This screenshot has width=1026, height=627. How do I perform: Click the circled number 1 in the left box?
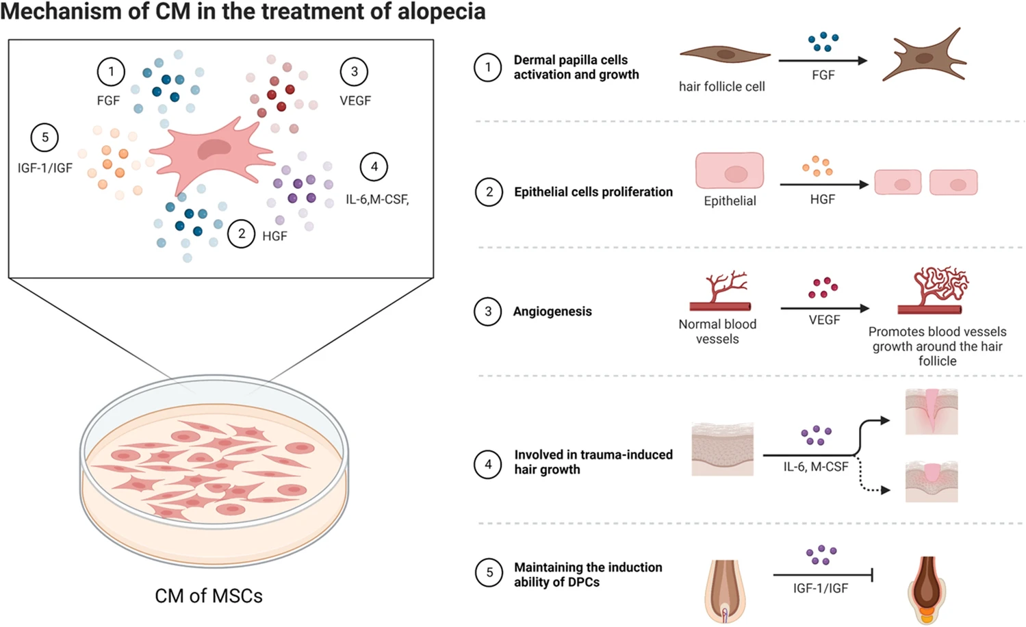(111, 71)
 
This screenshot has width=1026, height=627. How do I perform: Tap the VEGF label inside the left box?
(355, 101)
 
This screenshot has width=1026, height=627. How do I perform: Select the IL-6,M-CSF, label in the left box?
(377, 199)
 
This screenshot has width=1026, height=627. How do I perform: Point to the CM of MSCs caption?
(209, 596)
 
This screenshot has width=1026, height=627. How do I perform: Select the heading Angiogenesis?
(552, 311)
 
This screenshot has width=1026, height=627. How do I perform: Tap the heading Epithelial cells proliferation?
(593, 192)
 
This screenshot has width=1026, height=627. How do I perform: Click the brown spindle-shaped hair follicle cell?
(725, 55)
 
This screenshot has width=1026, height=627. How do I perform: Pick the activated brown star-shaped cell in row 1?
(925, 57)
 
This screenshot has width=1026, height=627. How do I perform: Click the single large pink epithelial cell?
(730, 171)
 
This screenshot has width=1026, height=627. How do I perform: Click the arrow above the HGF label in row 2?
(824, 184)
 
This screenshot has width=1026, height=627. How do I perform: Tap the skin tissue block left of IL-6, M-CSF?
(722, 449)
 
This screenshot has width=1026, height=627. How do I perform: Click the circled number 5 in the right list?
(489, 573)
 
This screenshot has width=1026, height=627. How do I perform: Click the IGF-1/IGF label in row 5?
(820, 588)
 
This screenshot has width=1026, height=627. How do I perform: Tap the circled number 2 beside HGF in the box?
(241, 234)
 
